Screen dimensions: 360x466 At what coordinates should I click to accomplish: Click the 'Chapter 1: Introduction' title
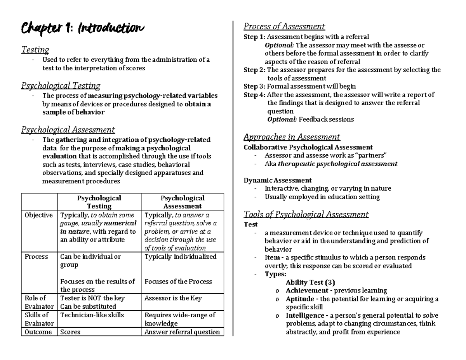82,28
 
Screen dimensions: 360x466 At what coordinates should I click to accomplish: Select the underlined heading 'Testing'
35,50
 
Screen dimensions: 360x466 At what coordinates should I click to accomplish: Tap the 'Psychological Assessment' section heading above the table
68,130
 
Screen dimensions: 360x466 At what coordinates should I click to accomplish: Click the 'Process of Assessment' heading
284,26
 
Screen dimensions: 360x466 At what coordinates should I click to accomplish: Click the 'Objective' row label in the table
38,215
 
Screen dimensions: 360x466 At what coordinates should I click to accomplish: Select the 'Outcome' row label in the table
38,332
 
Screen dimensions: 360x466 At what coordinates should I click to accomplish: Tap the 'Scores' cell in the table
71,332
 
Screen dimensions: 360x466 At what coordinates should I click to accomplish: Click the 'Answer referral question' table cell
182,332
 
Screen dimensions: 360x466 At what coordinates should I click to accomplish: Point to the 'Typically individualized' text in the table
181,257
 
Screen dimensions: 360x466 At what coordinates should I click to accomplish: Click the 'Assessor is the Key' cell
173,298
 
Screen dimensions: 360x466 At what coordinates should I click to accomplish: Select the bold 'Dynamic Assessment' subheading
277,180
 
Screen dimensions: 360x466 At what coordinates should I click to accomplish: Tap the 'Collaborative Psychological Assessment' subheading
308,147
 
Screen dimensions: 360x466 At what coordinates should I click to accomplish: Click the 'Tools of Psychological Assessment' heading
306,214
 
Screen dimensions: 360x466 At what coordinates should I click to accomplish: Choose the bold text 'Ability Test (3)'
310,282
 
